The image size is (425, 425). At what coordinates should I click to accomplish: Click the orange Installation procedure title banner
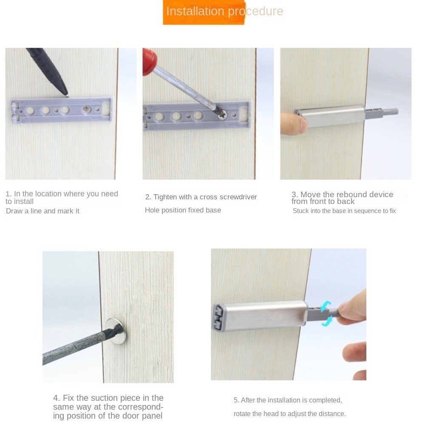204,12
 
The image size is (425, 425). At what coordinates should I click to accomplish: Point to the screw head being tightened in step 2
222,113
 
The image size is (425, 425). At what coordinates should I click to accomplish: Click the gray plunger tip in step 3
394,111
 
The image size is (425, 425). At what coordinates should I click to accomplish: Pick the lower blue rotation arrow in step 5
326,321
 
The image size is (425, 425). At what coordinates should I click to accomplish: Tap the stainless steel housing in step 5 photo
263,314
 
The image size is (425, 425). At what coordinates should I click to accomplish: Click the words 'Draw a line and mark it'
42,211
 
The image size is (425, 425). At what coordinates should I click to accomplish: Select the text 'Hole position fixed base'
183,210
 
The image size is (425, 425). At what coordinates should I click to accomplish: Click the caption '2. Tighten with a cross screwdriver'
201,197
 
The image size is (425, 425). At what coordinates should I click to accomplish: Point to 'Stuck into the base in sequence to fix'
344,211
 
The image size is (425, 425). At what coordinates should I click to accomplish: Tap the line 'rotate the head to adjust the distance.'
289,414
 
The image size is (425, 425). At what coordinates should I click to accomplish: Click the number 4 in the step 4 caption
56,398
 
